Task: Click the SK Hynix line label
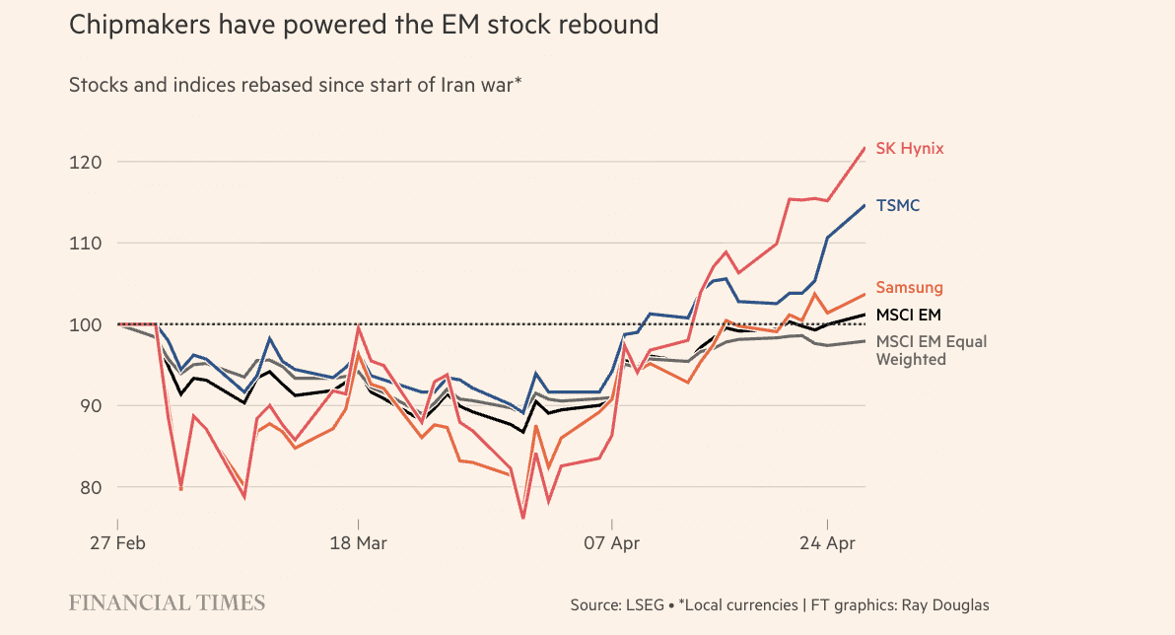909,149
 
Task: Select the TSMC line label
897,206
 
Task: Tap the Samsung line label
909,288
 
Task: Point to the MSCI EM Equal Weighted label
931,351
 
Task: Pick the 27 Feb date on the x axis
117,543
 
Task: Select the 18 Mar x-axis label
358,543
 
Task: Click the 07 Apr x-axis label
612,543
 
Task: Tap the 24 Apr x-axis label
826,543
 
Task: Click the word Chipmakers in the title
133,25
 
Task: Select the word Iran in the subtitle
411,85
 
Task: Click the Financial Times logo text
167,602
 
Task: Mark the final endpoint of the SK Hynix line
864,148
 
